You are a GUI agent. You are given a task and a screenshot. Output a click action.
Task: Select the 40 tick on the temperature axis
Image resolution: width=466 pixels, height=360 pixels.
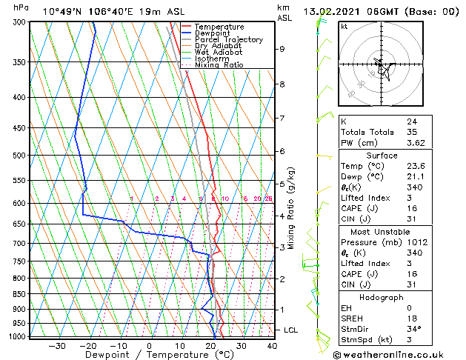272,346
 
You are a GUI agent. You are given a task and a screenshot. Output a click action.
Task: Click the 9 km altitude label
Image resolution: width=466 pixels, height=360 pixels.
282,49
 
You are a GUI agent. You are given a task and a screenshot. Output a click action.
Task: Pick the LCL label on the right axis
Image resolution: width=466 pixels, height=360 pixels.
291,330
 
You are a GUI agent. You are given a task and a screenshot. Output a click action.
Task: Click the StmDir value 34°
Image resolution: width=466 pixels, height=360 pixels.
413,329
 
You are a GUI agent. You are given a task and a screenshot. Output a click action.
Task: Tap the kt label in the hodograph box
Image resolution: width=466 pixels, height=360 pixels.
344,27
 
